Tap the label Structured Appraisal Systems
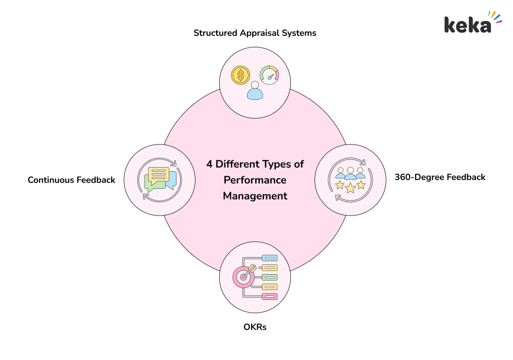[x=255, y=33]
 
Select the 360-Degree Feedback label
[x=440, y=177]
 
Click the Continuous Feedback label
[x=72, y=180]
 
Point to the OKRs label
[x=255, y=327]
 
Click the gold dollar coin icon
[x=241, y=76]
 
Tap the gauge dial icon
[x=269, y=75]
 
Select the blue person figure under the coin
[x=255, y=91]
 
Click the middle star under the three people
[x=350, y=188]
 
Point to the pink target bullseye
[x=243, y=276]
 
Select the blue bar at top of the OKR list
[x=270, y=258]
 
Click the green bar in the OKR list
[x=270, y=277]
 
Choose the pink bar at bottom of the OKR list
[x=270, y=296]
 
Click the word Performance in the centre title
[x=255, y=181]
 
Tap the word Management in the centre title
[x=255, y=196]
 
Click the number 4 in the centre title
[x=209, y=165]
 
